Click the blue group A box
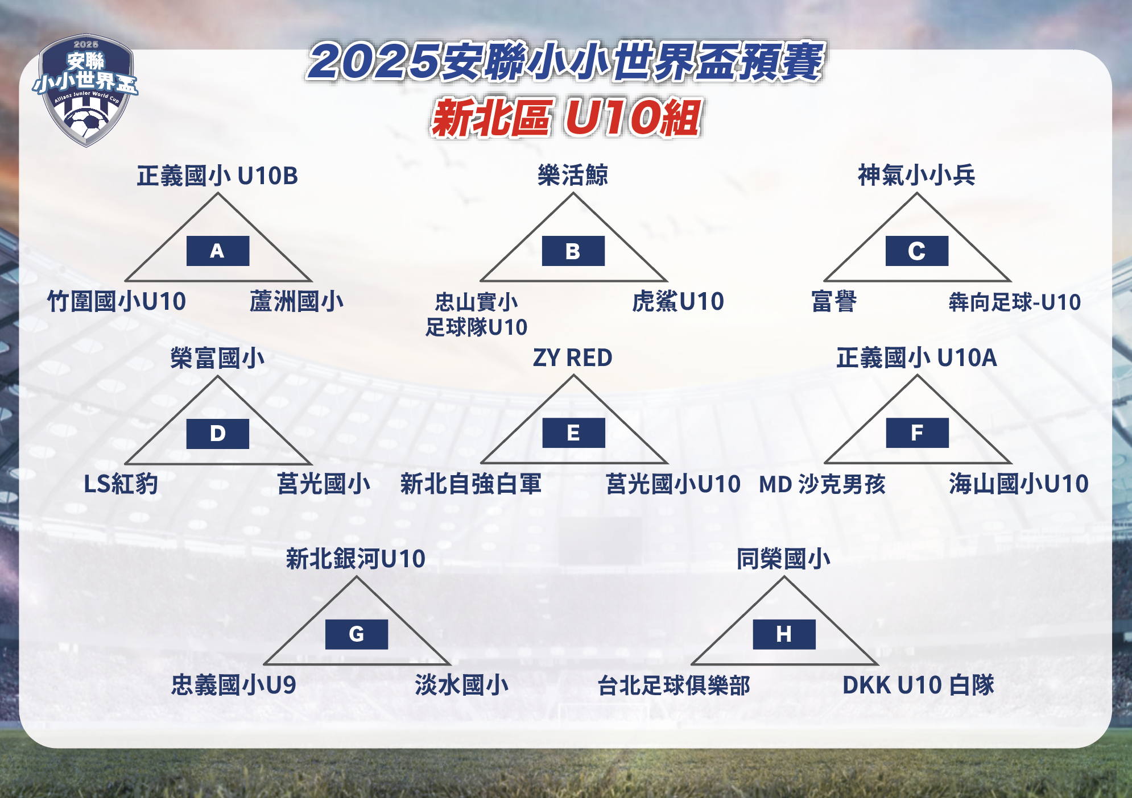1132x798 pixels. pyautogui.click(x=218, y=251)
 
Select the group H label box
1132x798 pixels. pyautogui.click(x=784, y=634)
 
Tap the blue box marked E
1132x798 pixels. pyautogui.click(x=573, y=433)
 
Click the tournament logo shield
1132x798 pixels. pyautogui.click(x=85, y=90)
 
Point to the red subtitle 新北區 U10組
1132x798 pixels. pyautogui.click(x=566, y=118)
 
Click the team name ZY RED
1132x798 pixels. pyautogui.click(x=572, y=358)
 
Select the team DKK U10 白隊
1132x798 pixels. pyautogui.click(x=918, y=685)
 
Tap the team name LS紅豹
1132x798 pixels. pyautogui.click(x=121, y=484)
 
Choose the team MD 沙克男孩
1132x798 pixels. pyautogui.click(x=823, y=484)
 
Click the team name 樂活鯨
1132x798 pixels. pyautogui.click(x=573, y=175)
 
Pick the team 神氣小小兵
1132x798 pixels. pyautogui.click(x=916, y=175)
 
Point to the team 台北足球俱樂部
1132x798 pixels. pyautogui.click(x=674, y=685)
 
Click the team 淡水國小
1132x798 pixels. pyautogui.click(x=461, y=685)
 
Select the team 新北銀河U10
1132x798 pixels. pyautogui.click(x=356, y=559)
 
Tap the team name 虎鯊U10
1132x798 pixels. pyautogui.click(x=678, y=302)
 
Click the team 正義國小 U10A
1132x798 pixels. pyautogui.click(x=916, y=358)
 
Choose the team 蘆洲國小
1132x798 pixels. pyautogui.click(x=296, y=302)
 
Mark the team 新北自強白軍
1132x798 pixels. pyautogui.click(x=471, y=484)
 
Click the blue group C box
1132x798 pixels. pyautogui.click(x=917, y=251)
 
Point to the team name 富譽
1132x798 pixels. pyautogui.click(x=834, y=302)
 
